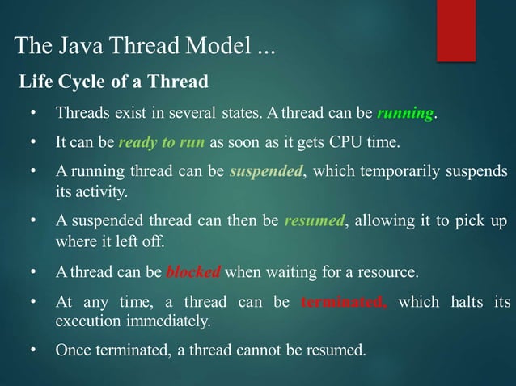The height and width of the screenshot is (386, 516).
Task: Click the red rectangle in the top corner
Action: [x=455, y=29]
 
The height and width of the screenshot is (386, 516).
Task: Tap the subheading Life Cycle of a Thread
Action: [x=114, y=82]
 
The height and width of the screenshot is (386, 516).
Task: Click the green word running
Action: [x=405, y=112]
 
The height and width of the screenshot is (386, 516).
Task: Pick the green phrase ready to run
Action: [x=162, y=143]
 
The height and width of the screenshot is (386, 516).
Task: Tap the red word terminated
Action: [x=344, y=303]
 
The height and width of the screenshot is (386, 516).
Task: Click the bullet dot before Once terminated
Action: [x=33, y=350]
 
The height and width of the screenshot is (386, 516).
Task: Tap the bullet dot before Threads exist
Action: [x=33, y=112]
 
